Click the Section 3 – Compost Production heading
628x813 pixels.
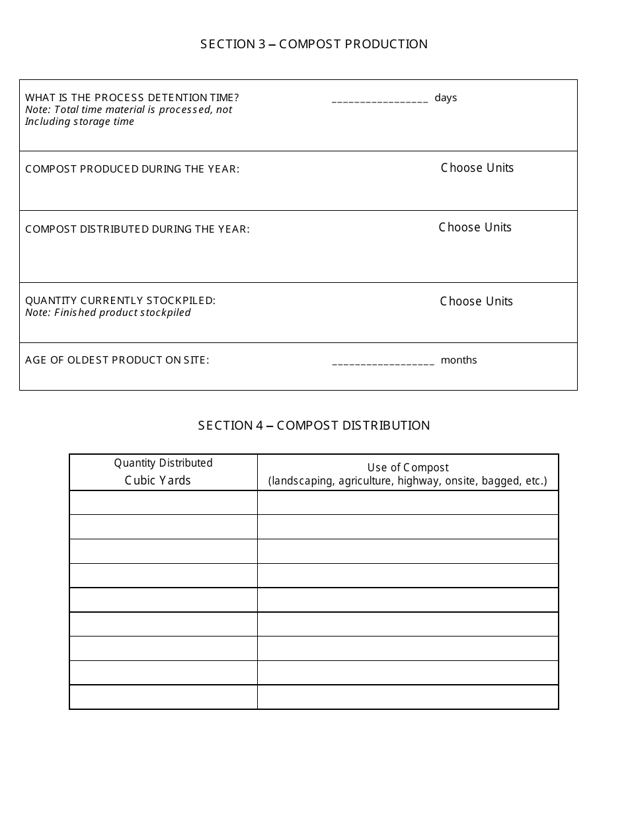(314, 44)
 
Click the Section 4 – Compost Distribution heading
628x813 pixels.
(314, 426)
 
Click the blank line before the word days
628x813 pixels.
(379, 100)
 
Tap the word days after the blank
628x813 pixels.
(446, 98)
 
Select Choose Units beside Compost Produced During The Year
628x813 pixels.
(477, 168)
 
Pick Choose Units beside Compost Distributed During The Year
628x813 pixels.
(475, 227)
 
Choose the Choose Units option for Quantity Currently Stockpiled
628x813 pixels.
(476, 301)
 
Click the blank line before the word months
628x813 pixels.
(383, 362)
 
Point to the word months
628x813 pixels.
(459, 360)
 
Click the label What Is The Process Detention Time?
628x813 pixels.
(132, 98)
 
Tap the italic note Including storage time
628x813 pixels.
(79, 122)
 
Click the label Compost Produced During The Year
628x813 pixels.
(132, 169)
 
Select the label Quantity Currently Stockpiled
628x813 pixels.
(120, 301)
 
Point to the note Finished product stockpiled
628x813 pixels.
(108, 313)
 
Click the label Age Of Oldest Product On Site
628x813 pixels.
(117, 360)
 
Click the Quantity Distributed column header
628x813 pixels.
(163, 463)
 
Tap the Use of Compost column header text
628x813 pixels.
(408, 468)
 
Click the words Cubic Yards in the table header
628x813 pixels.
(157, 481)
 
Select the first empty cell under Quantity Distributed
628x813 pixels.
(163, 502)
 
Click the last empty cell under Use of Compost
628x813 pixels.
(408, 697)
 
